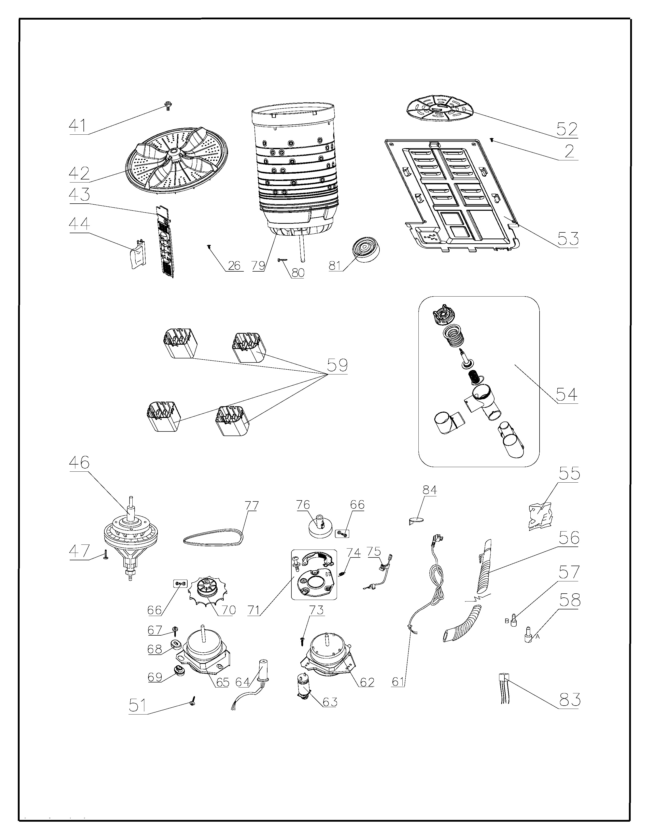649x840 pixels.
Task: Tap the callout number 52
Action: coord(567,129)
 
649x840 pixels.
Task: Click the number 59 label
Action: coord(337,365)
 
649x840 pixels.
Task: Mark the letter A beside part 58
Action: coord(538,637)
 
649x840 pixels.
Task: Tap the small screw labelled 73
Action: coord(302,640)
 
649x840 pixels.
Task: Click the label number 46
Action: coord(79,462)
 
